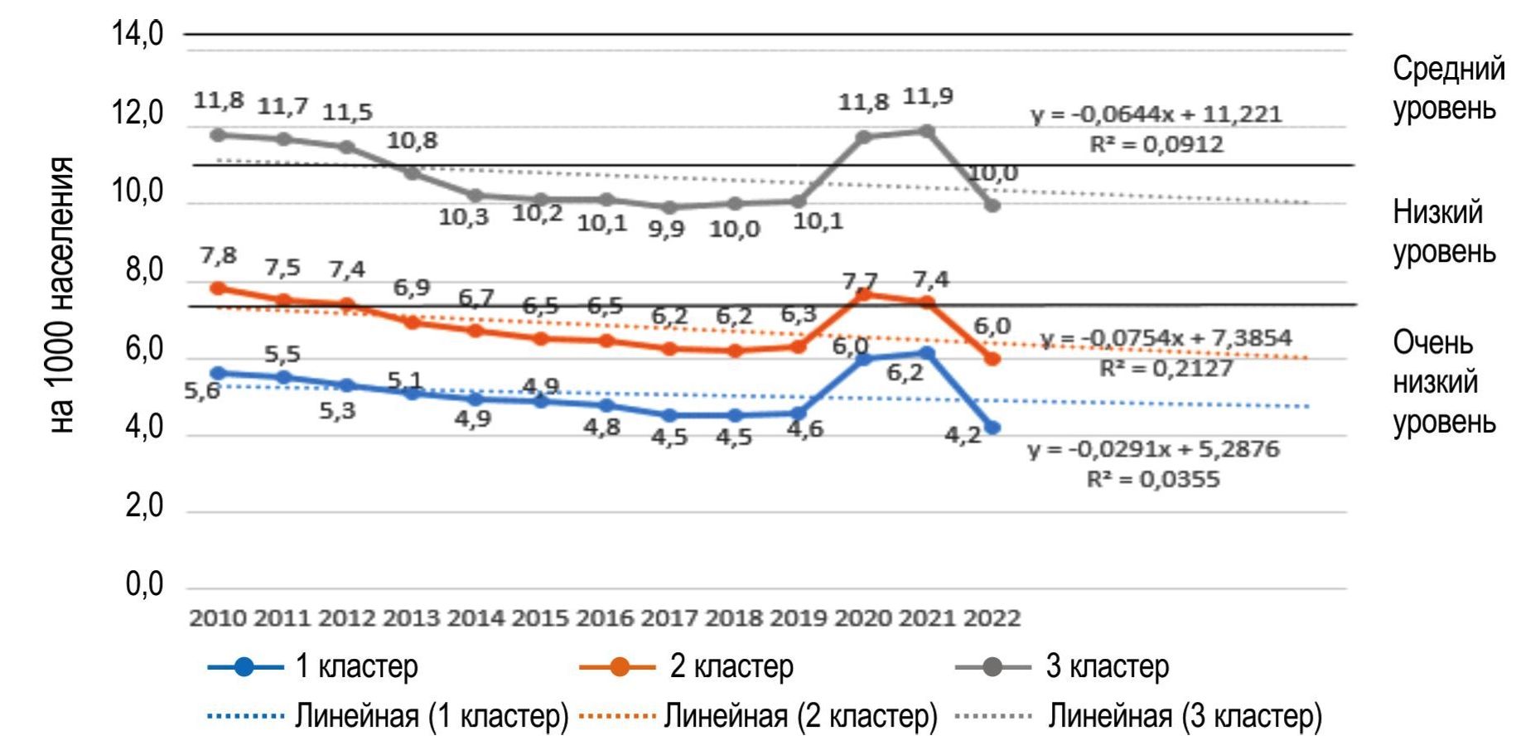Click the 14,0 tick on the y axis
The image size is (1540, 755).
[138, 35]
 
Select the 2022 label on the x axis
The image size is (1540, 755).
[992, 618]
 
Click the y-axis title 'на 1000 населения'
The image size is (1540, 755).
[61, 295]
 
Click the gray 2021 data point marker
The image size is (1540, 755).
[928, 132]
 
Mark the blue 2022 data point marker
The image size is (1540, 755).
[992, 428]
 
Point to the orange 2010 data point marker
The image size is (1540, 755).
[219, 288]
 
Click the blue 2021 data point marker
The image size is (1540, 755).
[928, 354]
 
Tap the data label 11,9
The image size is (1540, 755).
[928, 97]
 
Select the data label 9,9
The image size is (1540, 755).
[666, 230]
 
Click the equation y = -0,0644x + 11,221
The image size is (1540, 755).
[1156, 114]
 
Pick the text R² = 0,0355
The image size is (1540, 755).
[1153, 479]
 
